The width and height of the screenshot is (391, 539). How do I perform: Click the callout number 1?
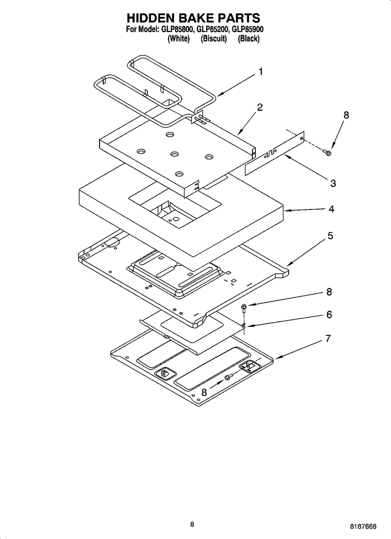pos(260,72)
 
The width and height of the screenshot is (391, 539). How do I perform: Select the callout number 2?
pos(260,107)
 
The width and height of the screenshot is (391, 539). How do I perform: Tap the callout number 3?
pos(333,183)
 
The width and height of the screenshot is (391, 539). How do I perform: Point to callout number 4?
pos(331,209)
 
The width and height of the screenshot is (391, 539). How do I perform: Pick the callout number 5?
pos(330,236)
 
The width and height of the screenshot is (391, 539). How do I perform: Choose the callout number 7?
pos(328,338)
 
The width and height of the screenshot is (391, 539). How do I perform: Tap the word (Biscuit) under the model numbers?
pos(213,39)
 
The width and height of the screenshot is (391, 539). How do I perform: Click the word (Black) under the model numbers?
pos(249,39)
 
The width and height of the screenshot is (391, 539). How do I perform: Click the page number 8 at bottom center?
pos(193,524)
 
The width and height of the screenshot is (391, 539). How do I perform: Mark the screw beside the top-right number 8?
pos(327,152)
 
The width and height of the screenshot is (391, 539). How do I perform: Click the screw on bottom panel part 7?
pos(229,376)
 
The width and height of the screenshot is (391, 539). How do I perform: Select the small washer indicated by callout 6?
pos(244,326)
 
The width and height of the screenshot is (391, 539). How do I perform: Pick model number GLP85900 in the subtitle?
pos(248,31)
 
